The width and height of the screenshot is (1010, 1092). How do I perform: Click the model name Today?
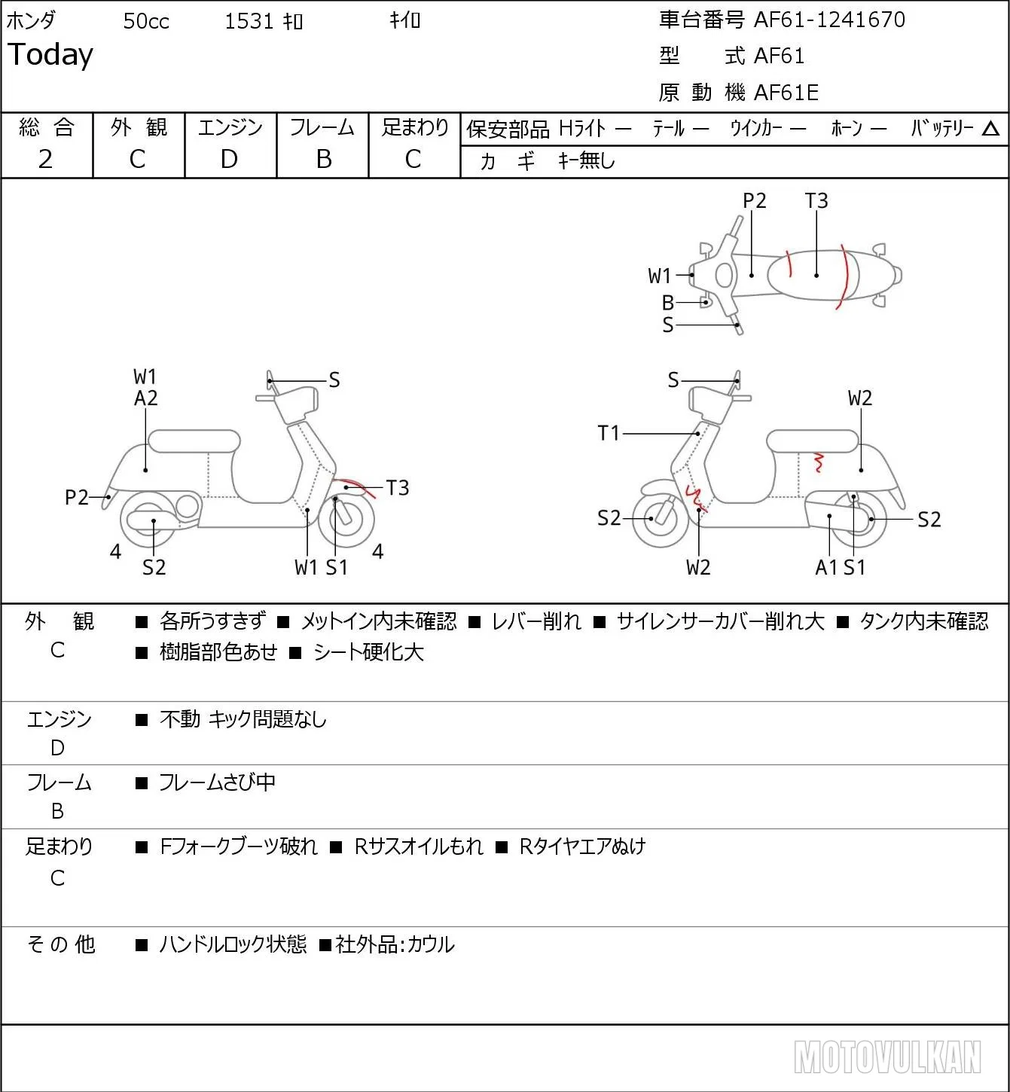(50, 55)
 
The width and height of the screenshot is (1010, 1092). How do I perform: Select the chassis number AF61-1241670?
(829, 20)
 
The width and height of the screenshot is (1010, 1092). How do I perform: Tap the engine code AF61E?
(786, 93)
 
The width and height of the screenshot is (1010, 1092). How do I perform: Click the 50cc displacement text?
(146, 21)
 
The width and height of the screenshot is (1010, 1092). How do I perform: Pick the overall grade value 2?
(46, 160)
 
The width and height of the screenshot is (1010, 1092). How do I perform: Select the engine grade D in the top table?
(230, 160)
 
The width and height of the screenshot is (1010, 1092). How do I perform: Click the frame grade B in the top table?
(323, 160)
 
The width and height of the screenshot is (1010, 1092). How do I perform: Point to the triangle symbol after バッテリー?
(990, 130)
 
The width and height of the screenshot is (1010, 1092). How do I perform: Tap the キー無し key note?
(587, 160)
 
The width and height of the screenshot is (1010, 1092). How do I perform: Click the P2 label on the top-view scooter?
(754, 200)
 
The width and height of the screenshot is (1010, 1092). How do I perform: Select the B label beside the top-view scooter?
(668, 303)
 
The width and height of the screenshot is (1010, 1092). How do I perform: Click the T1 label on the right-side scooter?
(609, 433)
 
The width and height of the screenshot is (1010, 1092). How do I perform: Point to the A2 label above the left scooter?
(146, 398)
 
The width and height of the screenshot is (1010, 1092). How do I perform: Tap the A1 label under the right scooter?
(826, 567)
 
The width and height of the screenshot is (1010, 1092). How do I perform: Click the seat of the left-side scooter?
(194, 441)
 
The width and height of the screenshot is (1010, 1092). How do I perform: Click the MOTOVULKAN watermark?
(887, 1057)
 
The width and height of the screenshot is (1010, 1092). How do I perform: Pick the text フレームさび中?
(217, 782)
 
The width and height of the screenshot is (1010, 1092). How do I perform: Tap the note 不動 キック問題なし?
(243, 718)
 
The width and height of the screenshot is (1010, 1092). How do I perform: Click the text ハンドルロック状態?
(233, 944)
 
